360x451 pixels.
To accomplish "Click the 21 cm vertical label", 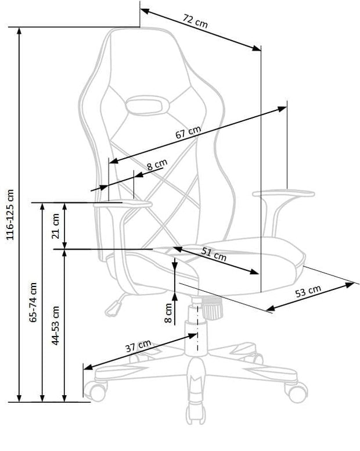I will [56, 226].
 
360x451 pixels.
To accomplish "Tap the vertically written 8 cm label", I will [168, 313].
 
